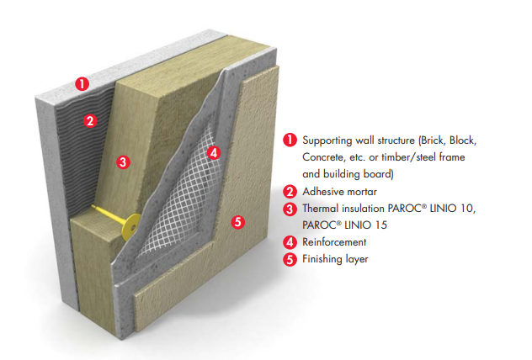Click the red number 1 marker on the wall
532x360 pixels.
[x=82, y=83]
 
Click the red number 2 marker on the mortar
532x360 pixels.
[x=90, y=120]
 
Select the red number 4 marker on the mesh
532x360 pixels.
[x=214, y=153]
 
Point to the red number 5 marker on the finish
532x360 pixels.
[x=237, y=222]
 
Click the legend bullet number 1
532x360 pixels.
[x=290, y=140]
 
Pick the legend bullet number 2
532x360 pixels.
[x=290, y=192]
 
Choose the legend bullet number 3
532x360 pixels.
[x=290, y=209]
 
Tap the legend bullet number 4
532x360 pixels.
[x=290, y=242]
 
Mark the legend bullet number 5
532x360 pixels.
[x=290, y=259]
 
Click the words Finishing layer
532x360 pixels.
[x=335, y=259]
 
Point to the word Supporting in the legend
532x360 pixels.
[x=327, y=140]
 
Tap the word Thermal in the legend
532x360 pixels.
[x=322, y=209]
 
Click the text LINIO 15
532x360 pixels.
[x=371, y=225]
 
